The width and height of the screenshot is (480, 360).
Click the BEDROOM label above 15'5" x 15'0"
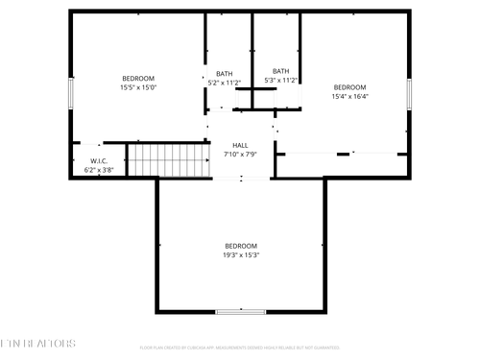pyautogui.click(x=137, y=79)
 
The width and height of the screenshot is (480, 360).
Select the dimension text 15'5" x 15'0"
pyautogui.click(x=137, y=87)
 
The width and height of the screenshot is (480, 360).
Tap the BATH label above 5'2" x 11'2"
pyautogui.click(x=224, y=74)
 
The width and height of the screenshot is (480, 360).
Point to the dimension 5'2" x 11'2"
pyautogui.click(x=224, y=83)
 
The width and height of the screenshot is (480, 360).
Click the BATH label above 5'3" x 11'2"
pyautogui.click(x=280, y=71)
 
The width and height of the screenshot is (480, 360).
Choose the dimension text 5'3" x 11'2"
pyautogui.click(x=280, y=80)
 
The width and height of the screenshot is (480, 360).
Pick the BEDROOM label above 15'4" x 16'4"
pyautogui.click(x=349, y=87)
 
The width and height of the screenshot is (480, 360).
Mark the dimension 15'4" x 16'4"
pyautogui.click(x=349, y=96)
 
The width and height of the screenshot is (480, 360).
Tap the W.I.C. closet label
pyautogui.click(x=99, y=161)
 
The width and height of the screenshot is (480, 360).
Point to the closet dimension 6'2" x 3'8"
pyautogui.click(x=99, y=170)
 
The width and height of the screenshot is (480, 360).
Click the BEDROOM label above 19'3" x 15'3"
pyautogui.click(x=241, y=246)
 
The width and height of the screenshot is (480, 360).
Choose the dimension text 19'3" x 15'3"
pyautogui.click(x=241, y=254)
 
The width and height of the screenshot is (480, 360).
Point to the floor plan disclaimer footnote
pyautogui.click(x=240, y=348)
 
